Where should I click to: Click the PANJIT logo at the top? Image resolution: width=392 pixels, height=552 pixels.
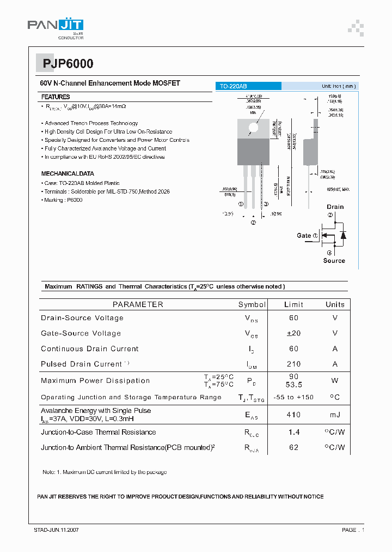coord(56,26)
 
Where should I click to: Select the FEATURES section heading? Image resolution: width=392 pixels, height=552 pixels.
coord(56,97)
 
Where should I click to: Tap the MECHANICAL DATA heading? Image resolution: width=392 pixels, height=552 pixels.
coord(68,173)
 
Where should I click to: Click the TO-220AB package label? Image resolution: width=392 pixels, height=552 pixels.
coord(233,86)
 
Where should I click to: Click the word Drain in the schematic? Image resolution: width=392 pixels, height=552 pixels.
coord(335,207)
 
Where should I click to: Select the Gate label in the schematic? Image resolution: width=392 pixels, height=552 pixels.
coord(304,236)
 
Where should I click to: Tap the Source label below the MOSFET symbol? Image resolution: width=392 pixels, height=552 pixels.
coord(334,261)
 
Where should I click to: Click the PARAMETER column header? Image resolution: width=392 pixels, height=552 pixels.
coord(138,304)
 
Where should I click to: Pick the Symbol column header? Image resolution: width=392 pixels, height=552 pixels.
coord(252,304)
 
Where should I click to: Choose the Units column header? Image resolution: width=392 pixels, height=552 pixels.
coord(335,304)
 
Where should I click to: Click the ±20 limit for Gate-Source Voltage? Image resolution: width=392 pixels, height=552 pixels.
coord(293,333)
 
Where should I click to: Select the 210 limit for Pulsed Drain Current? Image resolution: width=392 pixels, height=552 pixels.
coord(293,364)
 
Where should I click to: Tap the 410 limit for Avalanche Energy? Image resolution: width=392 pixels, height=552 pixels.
coord(293,415)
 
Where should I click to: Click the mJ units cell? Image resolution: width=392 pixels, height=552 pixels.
coord(335,415)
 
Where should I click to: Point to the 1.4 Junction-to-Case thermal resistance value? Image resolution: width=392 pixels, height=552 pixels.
coord(293,432)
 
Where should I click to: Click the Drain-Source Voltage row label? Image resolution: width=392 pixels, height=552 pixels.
coord(82,318)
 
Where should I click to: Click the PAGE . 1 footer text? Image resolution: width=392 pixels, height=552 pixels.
coord(353,530)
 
